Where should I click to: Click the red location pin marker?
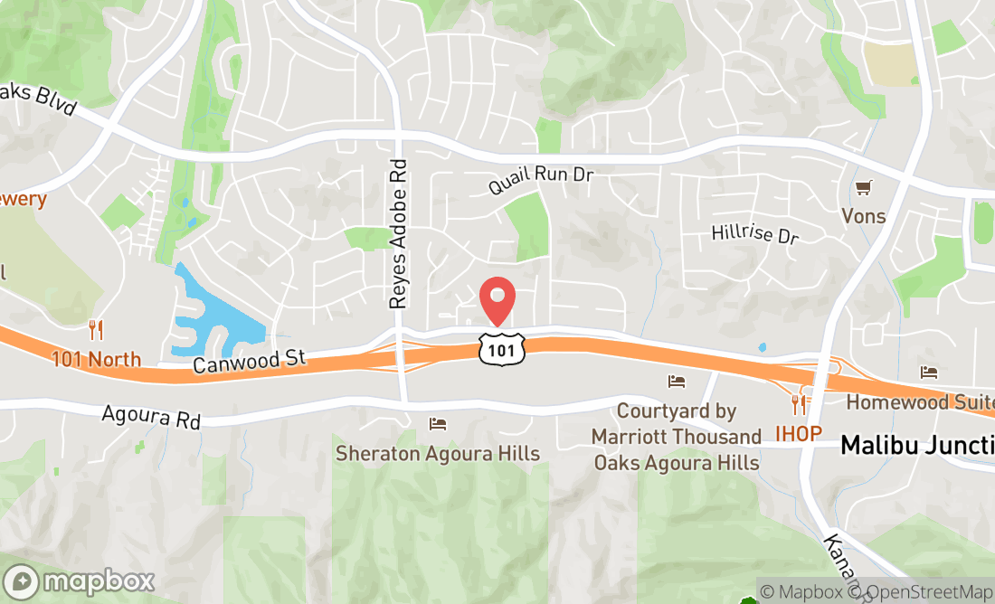click(x=497, y=300)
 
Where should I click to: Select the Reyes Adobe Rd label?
click(x=399, y=234)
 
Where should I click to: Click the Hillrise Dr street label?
click(x=755, y=233)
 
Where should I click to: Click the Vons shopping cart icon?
click(x=864, y=188)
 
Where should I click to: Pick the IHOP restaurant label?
click(x=798, y=434)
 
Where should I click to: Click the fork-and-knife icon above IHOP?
click(x=798, y=404)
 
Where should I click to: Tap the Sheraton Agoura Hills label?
click(x=438, y=453)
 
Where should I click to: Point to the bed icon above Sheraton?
click(x=438, y=423)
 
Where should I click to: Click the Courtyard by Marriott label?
click(x=677, y=437)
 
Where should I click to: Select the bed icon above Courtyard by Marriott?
click(x=677, y=381)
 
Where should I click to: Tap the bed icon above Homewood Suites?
click(x=929, y=373)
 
